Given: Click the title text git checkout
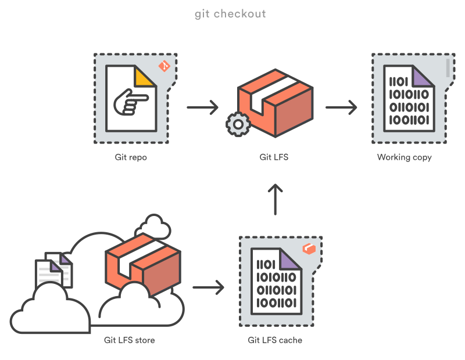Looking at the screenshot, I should coord(230,13).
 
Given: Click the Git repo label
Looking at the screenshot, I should coord(131,157).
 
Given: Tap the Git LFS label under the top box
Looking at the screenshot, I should coord(274,157).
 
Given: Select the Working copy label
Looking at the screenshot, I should coord(405,157).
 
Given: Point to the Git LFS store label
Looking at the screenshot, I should coord(130,340).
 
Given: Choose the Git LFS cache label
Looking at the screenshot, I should coord(275,340).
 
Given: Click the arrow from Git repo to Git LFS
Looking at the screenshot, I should coord(202,107).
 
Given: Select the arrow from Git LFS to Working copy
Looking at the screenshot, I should coord(341,107).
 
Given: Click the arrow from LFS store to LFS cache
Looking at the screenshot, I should coord(208,287).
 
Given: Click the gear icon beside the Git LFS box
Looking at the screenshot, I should coord(238,125).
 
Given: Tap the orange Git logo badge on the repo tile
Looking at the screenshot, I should coord(164,66).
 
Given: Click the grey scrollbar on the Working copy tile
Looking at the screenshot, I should coord(448,67).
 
